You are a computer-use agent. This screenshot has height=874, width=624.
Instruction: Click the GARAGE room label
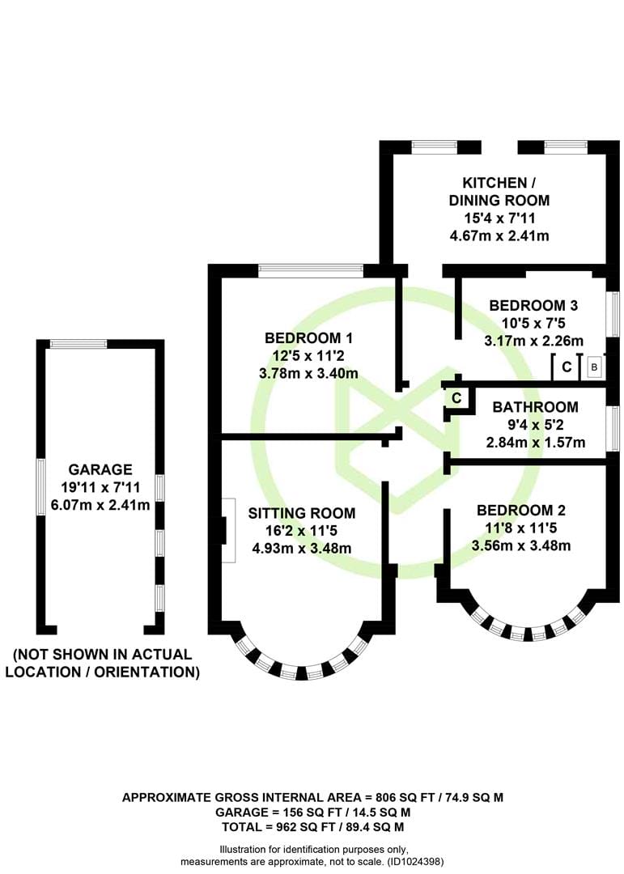click(x=100, y=469)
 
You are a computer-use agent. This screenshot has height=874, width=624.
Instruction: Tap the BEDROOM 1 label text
click(x=308, y=337)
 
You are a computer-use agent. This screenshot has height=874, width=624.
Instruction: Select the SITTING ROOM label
click(x=302, y=513)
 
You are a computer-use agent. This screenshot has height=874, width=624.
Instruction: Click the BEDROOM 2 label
click(x=521, y=510)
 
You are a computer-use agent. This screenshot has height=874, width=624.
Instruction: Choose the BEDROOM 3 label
click(x=533, y=305)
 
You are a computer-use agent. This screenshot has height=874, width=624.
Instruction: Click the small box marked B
click(x=594, y=367)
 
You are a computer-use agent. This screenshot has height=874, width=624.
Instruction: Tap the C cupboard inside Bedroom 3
click(x=567, y=367)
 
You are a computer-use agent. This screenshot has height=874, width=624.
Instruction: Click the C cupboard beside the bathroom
click(x=456, y=398)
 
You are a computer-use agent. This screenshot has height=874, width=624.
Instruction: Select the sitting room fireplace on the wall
click(x=228, y=530)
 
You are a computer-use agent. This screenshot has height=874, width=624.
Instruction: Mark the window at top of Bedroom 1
click(x=311, y=271)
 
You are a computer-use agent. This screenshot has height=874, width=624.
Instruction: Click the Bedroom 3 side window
click(x=616, y=314)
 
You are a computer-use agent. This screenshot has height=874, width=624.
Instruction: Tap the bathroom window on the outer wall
click(x=616, y=428)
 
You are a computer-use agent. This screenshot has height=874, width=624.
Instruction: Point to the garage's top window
click(x=78, y=344)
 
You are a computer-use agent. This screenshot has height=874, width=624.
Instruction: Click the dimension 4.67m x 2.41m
click(x=499, y=235)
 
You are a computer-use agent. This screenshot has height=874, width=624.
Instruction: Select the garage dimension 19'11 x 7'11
click(x=100, y=487)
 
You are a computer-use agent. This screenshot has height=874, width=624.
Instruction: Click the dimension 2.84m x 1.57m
click(x=536, y=443)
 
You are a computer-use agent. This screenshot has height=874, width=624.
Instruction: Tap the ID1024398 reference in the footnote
click(x=415, y=862)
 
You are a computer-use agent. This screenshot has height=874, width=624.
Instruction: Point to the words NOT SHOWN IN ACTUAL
click(x=103, y=654)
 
